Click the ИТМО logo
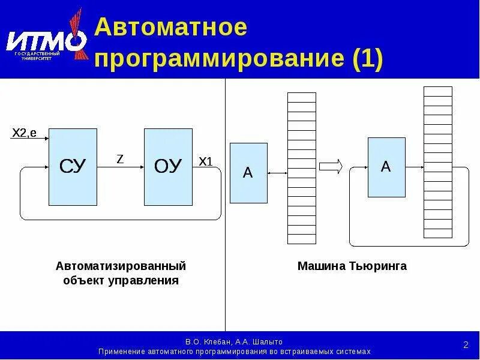coord(46,40)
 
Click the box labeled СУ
coord(73,167)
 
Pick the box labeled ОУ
coord(168,167)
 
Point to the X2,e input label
coord(25,133)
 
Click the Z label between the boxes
coord(120,158)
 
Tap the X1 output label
coord(206,161)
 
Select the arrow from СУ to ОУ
coord(120,167)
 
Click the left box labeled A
coord(248,173)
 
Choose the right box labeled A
coord(386,167)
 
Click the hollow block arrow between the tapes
coord(331,166)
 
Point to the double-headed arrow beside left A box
coord(277,173)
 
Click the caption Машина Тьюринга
coord(352,266)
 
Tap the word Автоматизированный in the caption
coord(121,266)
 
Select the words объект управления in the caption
coord(121,280)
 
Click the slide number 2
coord(466,344)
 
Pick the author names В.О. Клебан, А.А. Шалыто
coord(234,341)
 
